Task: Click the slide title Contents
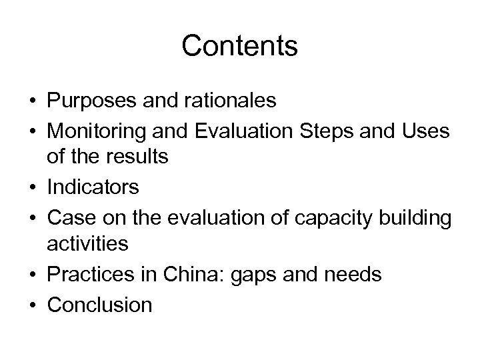coord(239,46)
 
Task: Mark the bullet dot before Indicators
coord(33,188)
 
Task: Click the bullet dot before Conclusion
coord(33,305)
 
